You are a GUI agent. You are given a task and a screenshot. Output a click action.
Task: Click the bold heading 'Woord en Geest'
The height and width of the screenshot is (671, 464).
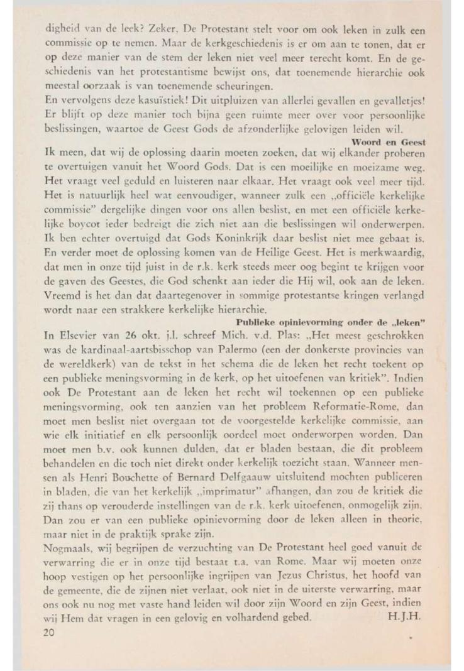click(394, 143)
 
